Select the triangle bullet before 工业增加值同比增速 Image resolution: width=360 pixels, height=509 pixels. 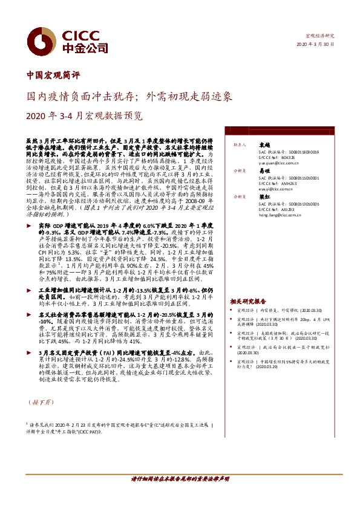point(31,291)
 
